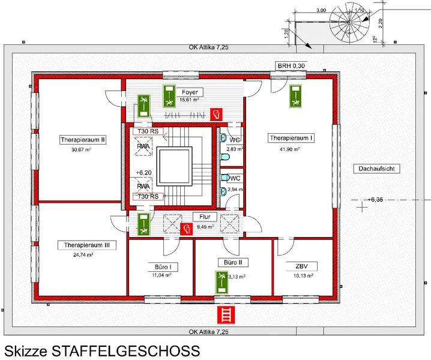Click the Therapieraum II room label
[x=83, y=140]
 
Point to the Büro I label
[x=161, y=265]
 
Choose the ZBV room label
[x=301, y=266]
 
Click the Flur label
[x=200, y=217]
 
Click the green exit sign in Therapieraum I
[x=296, y=97]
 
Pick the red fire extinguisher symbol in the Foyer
[x=218, y=112]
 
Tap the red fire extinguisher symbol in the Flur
[x=188, y=228]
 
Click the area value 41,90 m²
[x=291, y=149]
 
